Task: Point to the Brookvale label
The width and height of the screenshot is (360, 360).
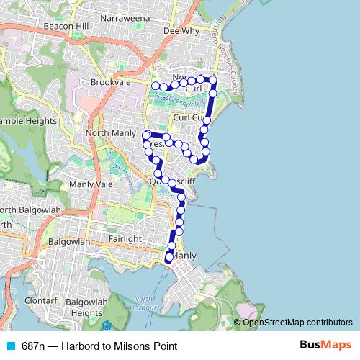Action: tap(110, 83)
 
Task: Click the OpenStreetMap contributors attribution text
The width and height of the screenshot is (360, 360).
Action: tap(297, 323)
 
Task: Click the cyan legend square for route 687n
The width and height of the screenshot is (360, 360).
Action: tap(9, 346)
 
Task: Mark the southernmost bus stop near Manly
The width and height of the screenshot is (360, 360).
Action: tap(169, 257)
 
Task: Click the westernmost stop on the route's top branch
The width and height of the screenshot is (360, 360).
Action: tap(154, 86)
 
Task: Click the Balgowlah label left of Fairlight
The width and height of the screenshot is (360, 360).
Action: tap(68, 242)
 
